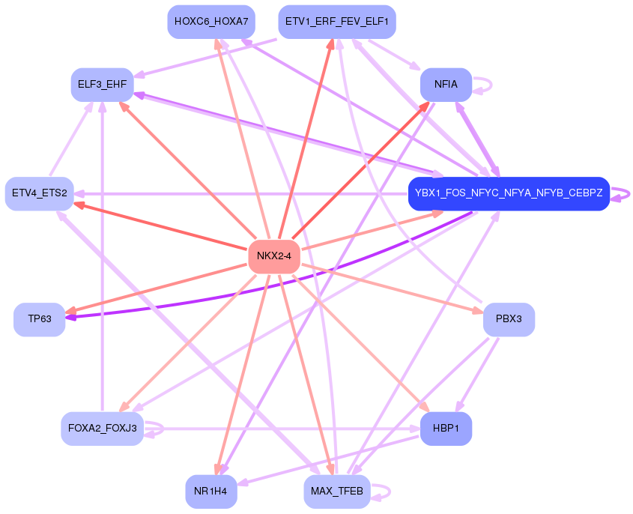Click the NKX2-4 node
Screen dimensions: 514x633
point(273,256)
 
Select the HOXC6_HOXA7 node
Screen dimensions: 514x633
point(211,21)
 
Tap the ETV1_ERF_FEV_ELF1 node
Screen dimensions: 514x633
point(336,21)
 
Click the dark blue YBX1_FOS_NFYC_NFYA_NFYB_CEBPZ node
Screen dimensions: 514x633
point(508,193)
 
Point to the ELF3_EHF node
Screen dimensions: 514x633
point(102,84)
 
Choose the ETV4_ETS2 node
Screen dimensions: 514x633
point(39,193)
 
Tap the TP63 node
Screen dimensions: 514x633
point(39,319)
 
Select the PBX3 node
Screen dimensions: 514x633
point(508,319)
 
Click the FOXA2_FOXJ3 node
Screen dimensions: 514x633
point(102,429)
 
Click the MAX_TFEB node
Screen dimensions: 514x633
point(336,492)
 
